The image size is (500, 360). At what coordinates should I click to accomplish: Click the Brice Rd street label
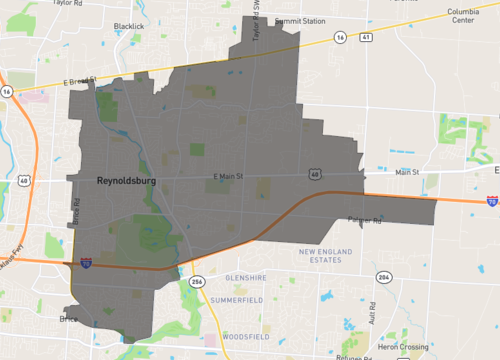coord(75,210)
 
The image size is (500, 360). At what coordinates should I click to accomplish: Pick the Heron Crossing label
coord(400,346)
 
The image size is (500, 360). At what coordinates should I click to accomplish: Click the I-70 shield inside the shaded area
coord(87,262)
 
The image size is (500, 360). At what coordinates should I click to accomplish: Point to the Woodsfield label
coord(245,336)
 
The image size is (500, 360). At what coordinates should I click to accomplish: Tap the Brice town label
coord(69,319)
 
